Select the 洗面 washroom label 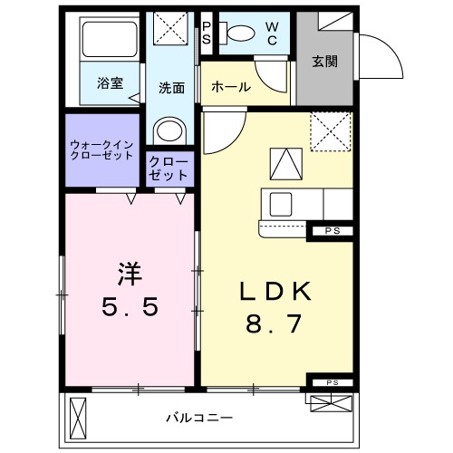pyautogui.click(x=172, y=88)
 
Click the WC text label pyautogui.click(x=272, y=34)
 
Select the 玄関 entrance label pyautogui.click(x=325, y=63)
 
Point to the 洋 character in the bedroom pyautogui.click(x=129, y=269)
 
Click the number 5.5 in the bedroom pyautogui.click(x=129, y=306)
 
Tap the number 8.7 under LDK pyautogui.click(x=275, y=323)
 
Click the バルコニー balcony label pyautogui.click(x=199, y=418)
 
